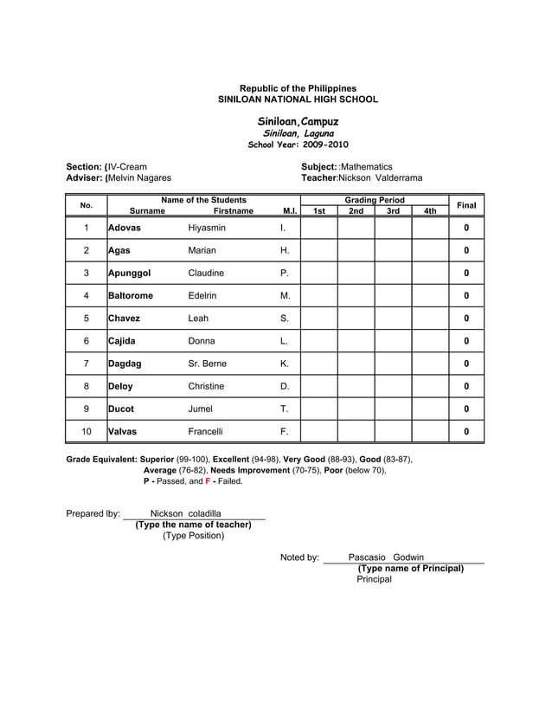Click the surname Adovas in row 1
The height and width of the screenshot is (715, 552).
coord(125,228)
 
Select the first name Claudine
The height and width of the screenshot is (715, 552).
coord(206,273)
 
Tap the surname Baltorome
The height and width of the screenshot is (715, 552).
coord(131,295)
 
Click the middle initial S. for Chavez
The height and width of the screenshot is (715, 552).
coord(285,318)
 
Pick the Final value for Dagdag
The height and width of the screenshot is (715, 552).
coord(466,364)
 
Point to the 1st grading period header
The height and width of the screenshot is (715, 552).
coord(318,211)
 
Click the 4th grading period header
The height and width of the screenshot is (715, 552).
coord(430,211)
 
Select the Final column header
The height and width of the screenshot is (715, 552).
coord(466,205)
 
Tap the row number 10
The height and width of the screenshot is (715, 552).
coord(87,431)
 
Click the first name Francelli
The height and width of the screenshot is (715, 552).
coord(206,431)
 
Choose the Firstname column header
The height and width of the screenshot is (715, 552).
coord(234,211)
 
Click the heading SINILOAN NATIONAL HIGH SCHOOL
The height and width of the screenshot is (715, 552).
coord(298,100)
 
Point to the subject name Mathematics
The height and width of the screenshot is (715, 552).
coord(366,166)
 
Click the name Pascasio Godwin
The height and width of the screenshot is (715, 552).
coord(386,557)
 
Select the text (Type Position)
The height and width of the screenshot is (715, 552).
coord(193,536)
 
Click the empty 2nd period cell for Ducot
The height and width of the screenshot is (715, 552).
coord(356,409)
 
